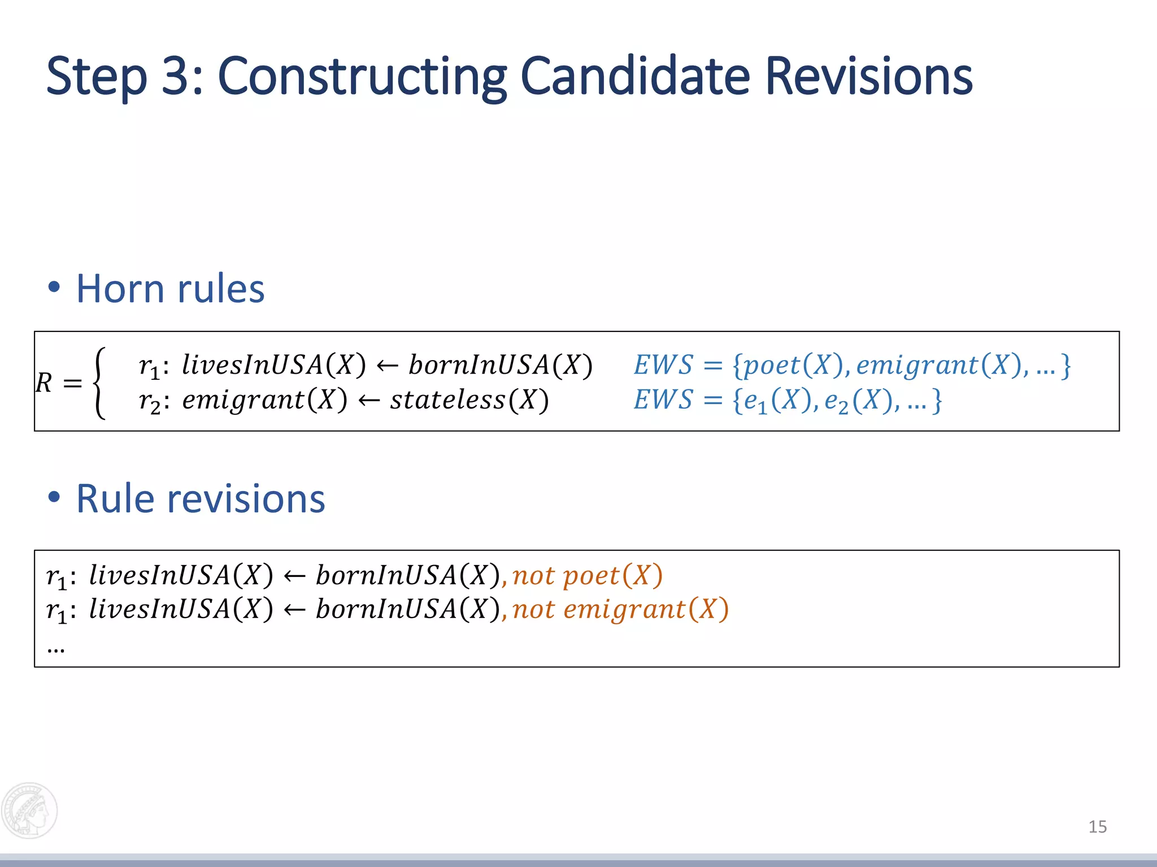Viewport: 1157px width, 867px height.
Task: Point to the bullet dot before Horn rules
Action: (x=54, y=287)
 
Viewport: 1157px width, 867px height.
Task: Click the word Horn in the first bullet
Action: (x=119, y=289)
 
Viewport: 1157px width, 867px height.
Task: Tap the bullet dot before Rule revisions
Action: (x=54, y=497)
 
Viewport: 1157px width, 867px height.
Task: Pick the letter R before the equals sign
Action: (x=44, y=383)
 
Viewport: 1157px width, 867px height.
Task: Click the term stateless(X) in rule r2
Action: (x=469, y=400)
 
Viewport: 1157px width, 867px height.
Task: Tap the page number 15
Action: (x=1097, y=827)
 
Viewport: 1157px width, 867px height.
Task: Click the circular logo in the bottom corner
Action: (x=29, y=811)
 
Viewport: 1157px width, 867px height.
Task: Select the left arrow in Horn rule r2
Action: (x=368, y=400)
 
